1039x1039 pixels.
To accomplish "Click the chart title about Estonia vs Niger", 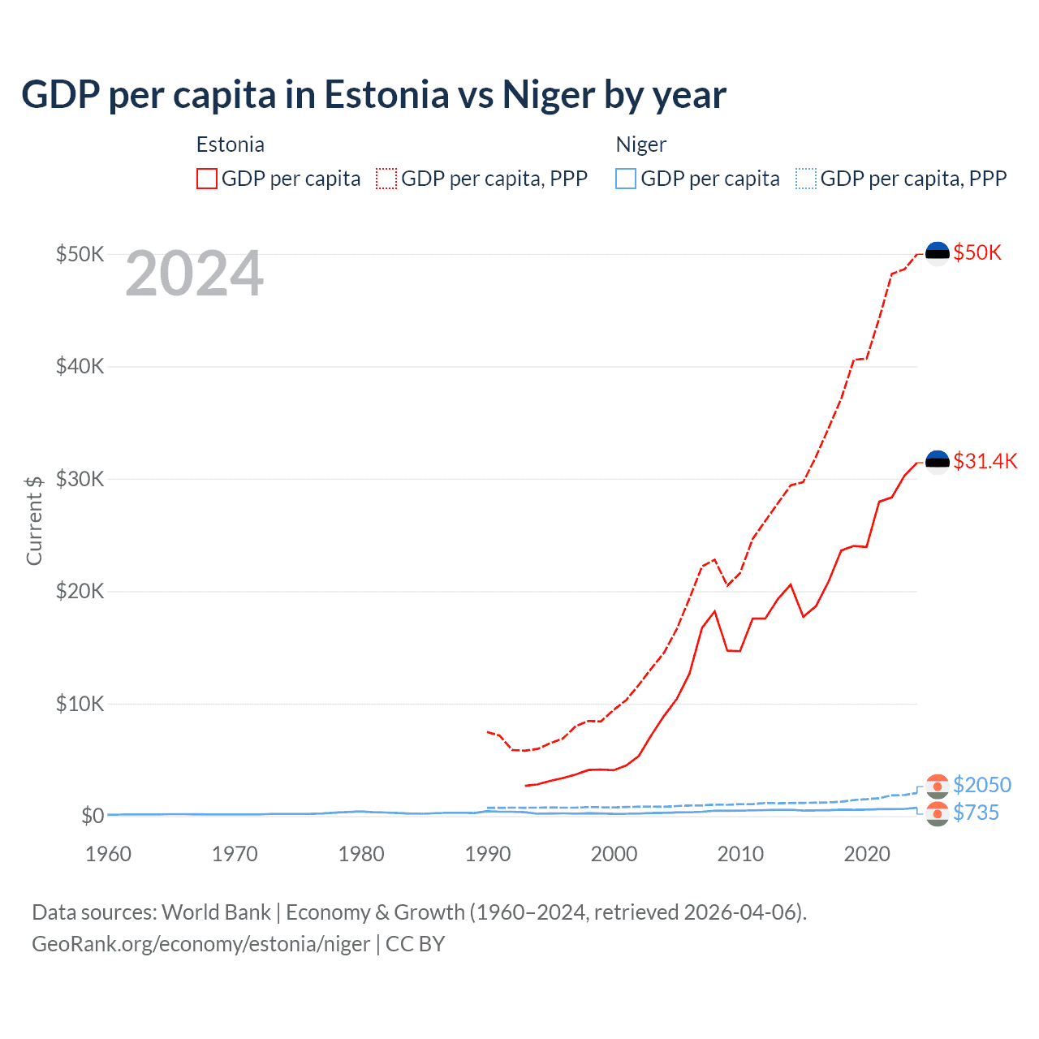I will [x=373, y=95].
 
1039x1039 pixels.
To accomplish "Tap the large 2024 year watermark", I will [x=194, y=274].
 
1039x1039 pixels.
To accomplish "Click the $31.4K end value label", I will [x=985, y=461].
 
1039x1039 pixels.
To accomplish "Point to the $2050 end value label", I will [x=982, y=785].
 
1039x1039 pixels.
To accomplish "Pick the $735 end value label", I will [x=976, y=813].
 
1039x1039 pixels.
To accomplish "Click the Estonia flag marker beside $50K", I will [x=938, y=253].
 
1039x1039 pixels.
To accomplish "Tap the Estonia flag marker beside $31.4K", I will [x=938, y=462].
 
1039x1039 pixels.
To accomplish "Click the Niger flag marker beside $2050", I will [x=938, y=786].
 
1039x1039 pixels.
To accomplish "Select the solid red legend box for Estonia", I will [x=207, y=179].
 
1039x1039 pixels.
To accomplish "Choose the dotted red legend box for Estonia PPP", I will [x=386, y=179].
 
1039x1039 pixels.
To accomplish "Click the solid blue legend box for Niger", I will [x=626, y=179].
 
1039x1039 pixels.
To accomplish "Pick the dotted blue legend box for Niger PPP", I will [x=806, y=179].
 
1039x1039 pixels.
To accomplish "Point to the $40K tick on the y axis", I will [x=80, y=366].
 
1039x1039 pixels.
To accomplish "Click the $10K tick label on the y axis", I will [x=80, y=704].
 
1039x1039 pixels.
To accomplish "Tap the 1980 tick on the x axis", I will [x=361, y=854].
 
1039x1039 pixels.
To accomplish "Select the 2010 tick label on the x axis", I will [x=740, y=854].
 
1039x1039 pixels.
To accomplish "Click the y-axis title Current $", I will [x=34, y=520].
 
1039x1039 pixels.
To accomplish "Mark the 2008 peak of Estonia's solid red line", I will [x=714, y=611].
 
